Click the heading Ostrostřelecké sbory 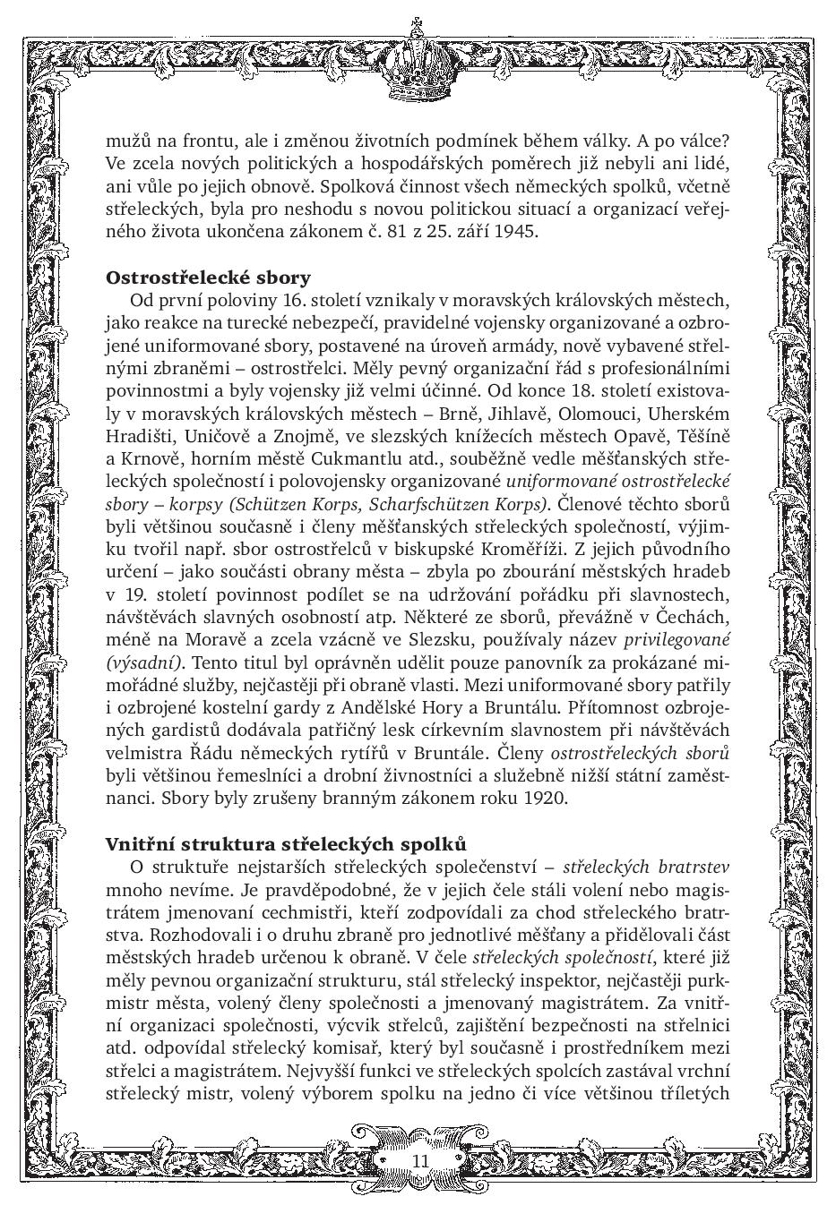(x=208, y=277)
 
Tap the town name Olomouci (x=600, y=414)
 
